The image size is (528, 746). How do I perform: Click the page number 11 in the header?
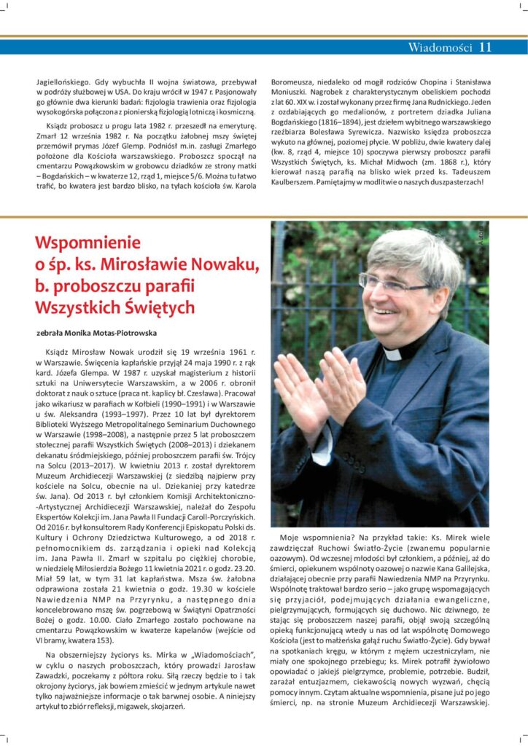point(486,48)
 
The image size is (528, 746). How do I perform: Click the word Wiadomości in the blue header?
point(440,48)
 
